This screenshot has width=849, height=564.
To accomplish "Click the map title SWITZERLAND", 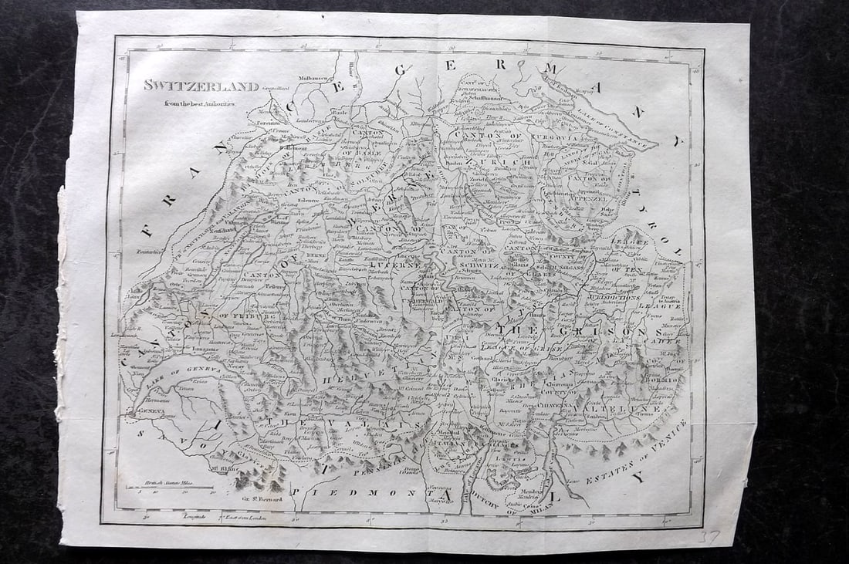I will coord(190,86).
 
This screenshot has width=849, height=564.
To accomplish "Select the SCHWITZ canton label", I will coord(480,264).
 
